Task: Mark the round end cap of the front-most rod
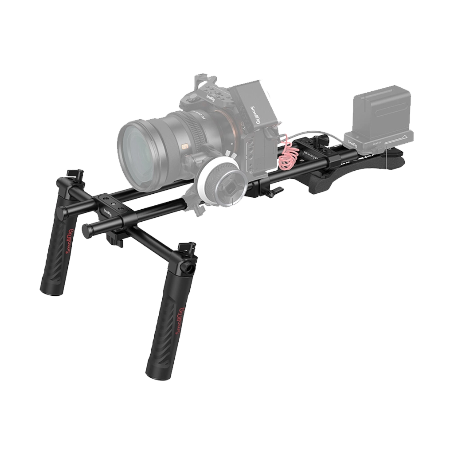pyautogui.click(x=87, y=231)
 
